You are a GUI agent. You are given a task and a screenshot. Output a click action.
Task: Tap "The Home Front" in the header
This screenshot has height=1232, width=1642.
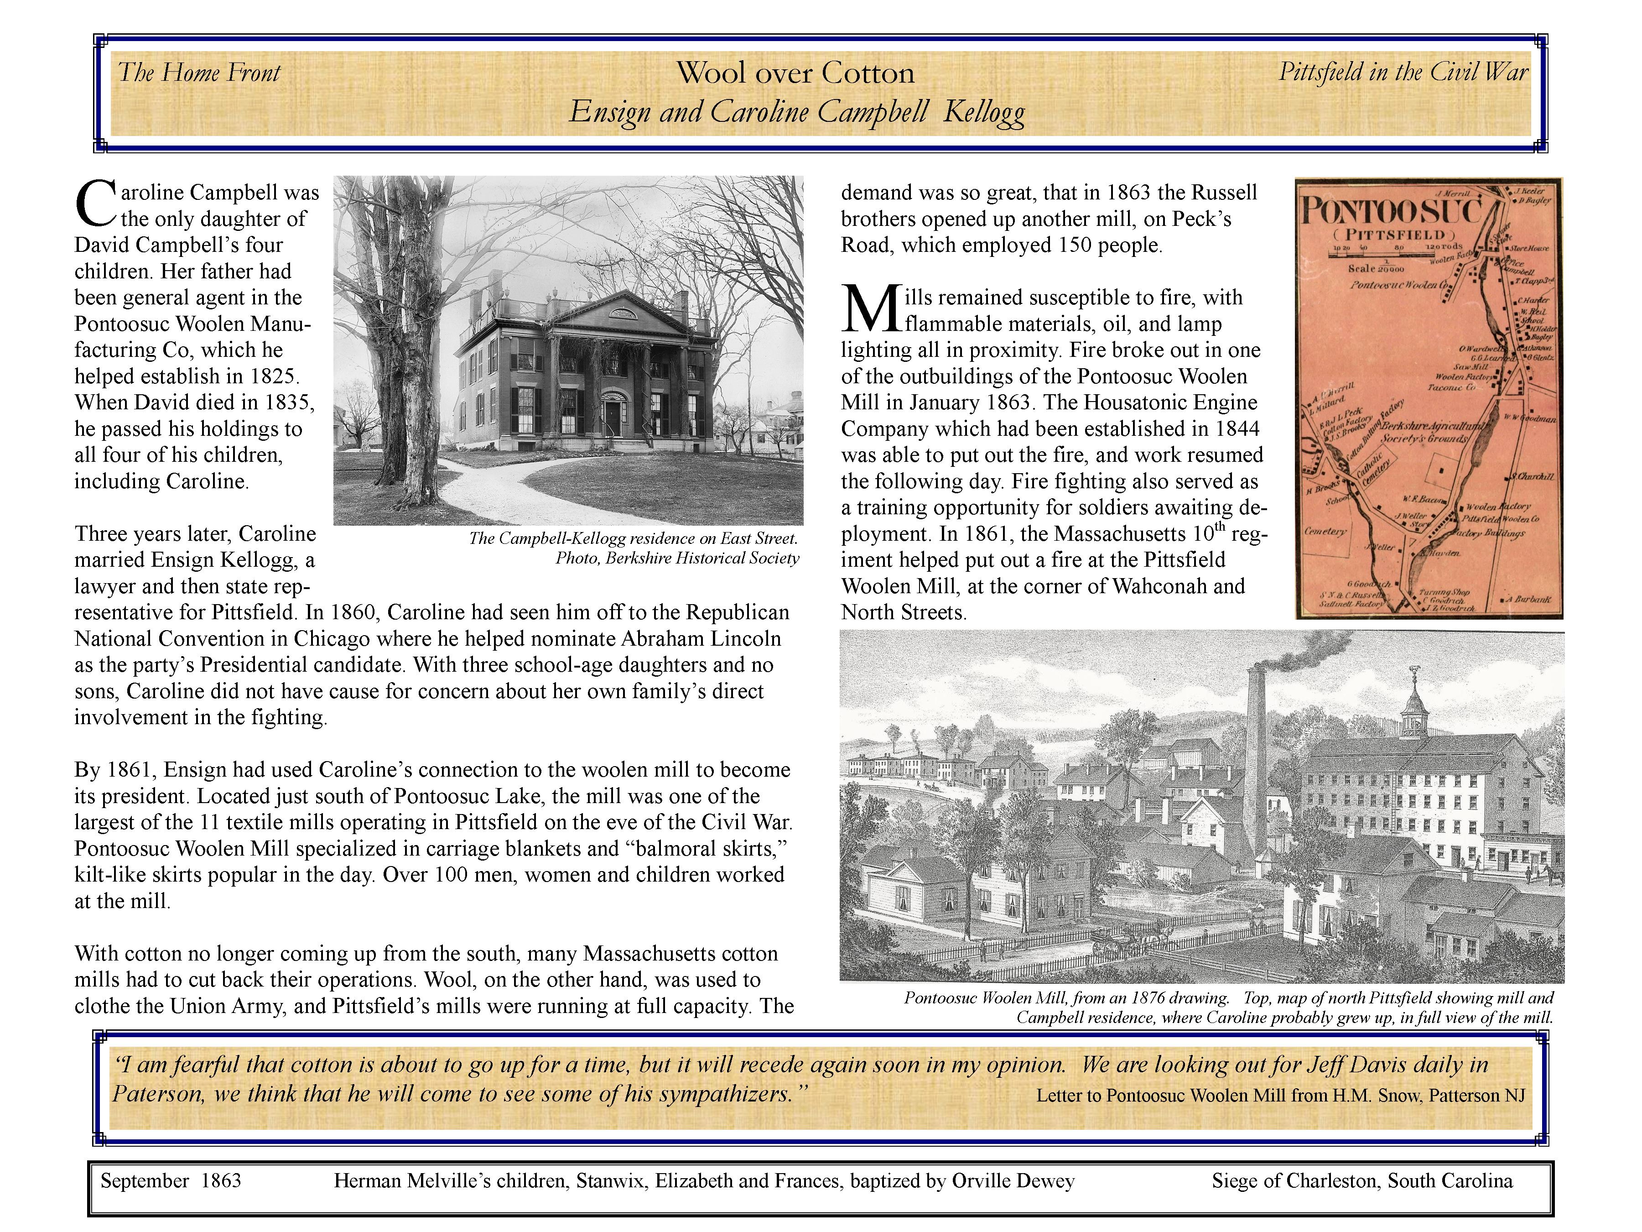199,73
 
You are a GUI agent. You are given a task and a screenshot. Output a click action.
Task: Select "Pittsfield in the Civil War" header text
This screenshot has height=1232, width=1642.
1403,72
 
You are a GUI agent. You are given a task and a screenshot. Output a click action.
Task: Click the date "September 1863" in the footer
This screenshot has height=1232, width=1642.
171,1181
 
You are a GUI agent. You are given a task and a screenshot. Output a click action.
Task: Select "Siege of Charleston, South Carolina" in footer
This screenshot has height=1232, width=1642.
1362,1181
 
